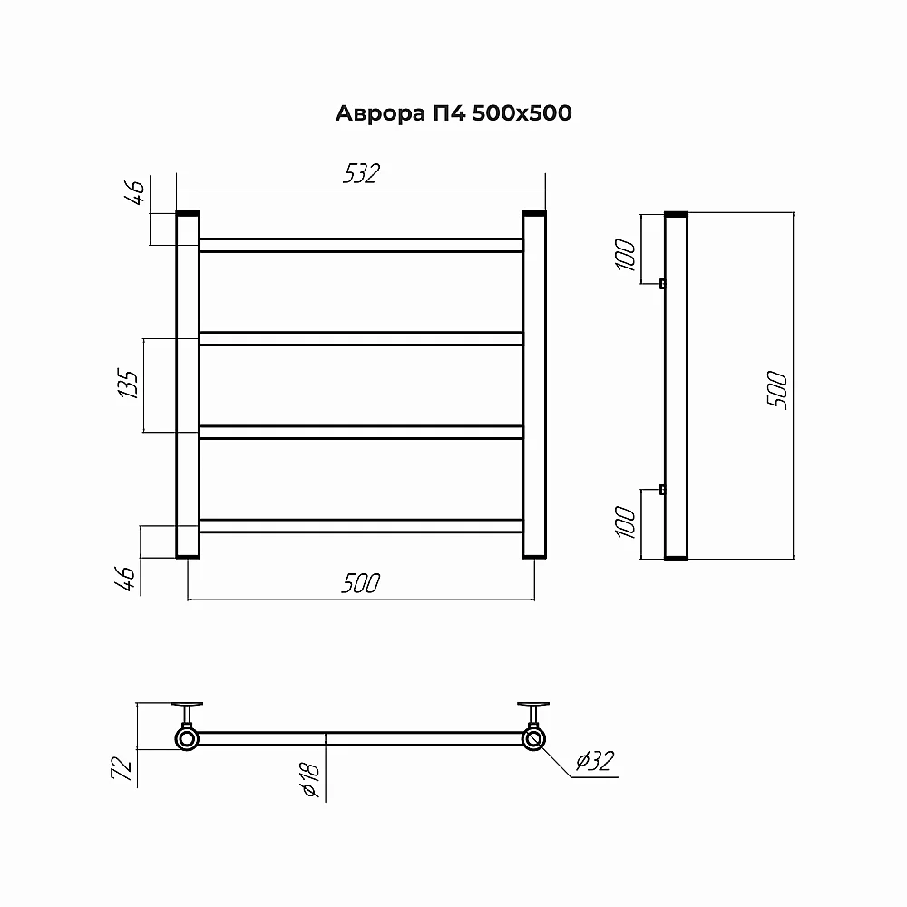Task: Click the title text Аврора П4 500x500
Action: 453,112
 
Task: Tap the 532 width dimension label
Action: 362,173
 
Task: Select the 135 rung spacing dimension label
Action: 129,383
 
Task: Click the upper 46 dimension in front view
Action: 134,192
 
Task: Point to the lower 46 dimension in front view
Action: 125,579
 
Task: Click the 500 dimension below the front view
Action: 361,583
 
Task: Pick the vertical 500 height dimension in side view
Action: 777,390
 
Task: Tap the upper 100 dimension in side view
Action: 625,255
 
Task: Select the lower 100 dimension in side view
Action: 625,522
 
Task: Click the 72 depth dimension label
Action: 122,767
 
